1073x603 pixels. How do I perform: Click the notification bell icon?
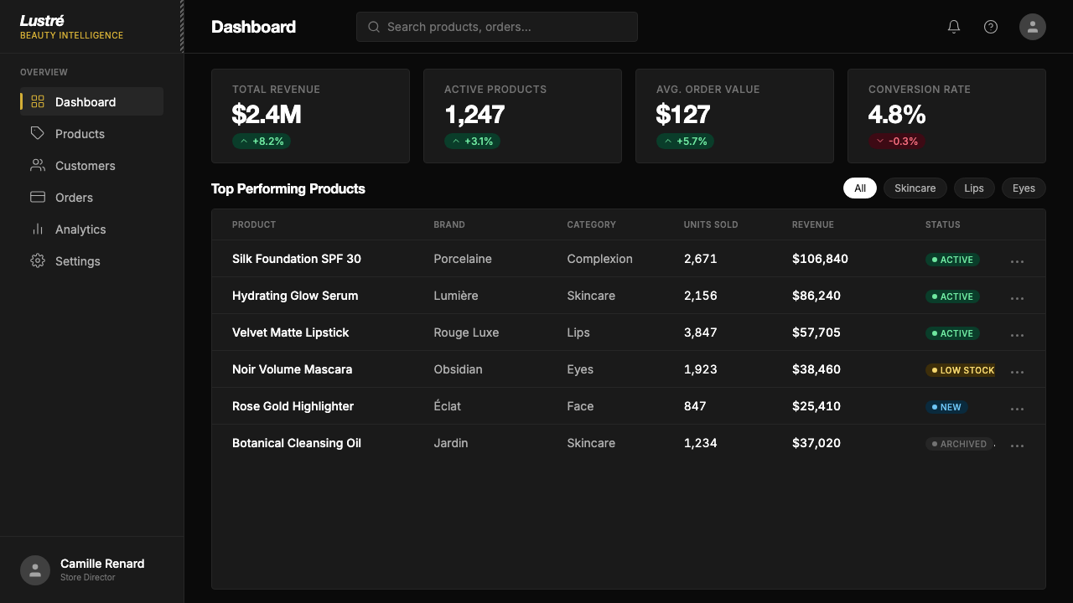tap(954, 27)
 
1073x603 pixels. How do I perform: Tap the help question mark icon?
tap(991, 27)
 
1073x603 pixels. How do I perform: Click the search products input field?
tap(497, 27)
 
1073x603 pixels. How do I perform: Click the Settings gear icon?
tap(38, 260)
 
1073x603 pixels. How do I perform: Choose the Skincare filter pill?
tap(915, 188)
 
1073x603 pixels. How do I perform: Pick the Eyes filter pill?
tap(1024, 188)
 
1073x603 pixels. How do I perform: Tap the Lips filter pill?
tap(974, 188)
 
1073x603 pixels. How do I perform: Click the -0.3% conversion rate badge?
tap(897, 142)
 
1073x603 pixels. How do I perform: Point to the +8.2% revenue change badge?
tap(262, 142)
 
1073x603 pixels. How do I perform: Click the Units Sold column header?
tap(710, 224)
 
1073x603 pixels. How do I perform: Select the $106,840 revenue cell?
tap(820, 259)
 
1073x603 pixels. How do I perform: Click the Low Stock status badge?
tap(960, 370)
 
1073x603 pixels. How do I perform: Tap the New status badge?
tap(946, 407)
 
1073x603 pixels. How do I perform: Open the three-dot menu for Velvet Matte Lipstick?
tap(1017, 335)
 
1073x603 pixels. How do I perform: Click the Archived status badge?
tap(959, 444)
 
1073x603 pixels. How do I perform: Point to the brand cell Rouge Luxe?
tap(466, 332)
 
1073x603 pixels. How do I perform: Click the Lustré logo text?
tap(42, 21)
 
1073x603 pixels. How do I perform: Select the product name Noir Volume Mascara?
tap(293, 369)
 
